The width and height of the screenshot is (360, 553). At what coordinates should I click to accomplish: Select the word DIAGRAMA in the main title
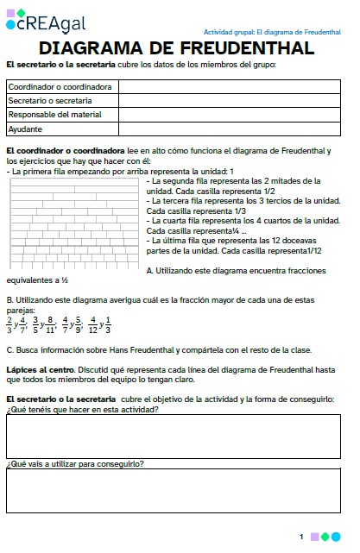coord(96,49)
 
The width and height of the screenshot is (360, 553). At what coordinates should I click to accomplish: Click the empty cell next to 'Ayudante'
coord(230,129)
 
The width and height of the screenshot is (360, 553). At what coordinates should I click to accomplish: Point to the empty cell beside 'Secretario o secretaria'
coord(230,101)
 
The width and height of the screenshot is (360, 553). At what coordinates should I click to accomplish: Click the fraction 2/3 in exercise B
coord(9,324)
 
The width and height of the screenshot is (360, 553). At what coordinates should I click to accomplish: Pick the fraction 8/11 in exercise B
coord(49,324)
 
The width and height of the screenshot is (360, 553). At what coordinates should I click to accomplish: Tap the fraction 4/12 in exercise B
coord(93,324)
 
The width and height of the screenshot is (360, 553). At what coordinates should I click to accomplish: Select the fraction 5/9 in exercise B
coord(76,324)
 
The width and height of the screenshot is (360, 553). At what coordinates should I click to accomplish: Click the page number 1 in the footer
coord(301,537)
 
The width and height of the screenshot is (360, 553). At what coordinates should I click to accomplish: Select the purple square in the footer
coord(314,537)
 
